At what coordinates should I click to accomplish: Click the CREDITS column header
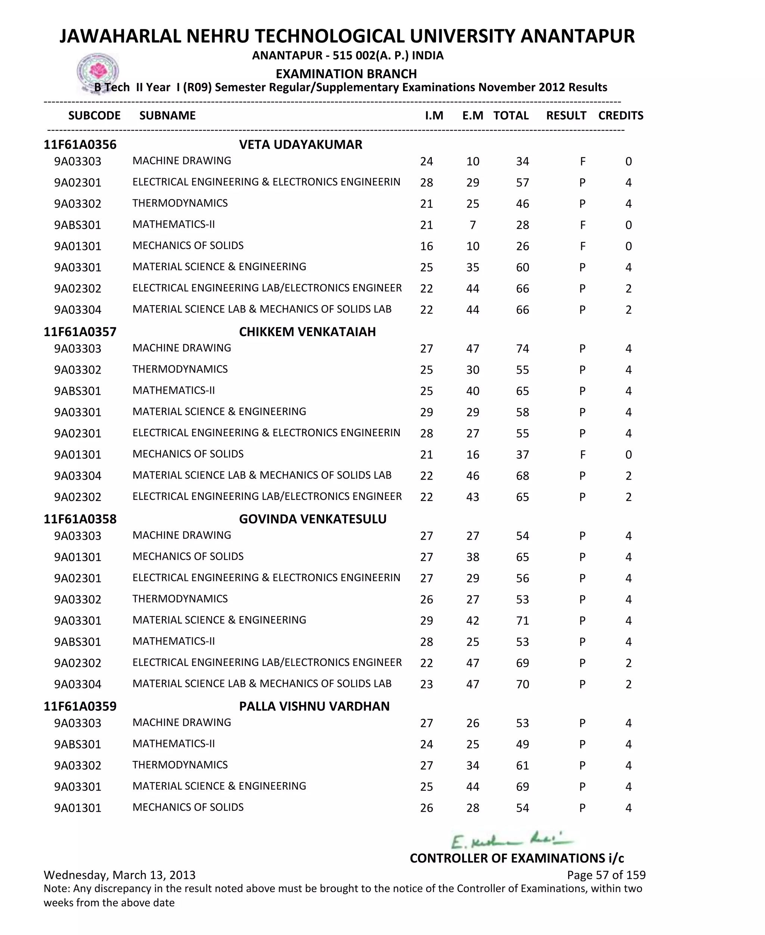[x=620, y=115]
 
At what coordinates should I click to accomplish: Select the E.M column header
[x=473, y=115]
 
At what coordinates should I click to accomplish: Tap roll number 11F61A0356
[x=80, y=145]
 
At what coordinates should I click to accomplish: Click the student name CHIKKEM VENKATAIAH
[x=307, y=332]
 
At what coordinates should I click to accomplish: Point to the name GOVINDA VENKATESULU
[x=312, y=519]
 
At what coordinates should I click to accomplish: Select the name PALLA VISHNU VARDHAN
[x=314, y=706]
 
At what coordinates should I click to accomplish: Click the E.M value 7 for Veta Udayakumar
[x=473, y=225]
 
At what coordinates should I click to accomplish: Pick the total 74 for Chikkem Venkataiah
[x=522, y=349]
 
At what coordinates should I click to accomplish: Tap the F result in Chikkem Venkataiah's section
[x=582, y=455]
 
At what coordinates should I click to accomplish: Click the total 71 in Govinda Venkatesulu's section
[x=522, y=621]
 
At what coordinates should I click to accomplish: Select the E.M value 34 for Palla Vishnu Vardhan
[x=473, y=766]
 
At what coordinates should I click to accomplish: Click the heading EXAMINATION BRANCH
[x=346, y=74]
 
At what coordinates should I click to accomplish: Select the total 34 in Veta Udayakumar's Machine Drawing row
[x=522, y=162]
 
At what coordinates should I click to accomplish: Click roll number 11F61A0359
[x=80, y=706]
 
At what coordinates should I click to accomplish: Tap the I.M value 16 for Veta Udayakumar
[x=426, y=246]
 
